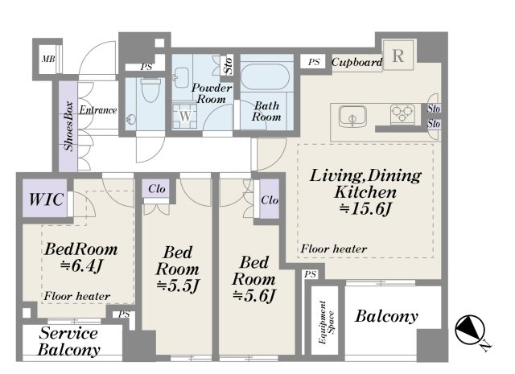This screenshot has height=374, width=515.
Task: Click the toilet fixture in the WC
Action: coord(150,89)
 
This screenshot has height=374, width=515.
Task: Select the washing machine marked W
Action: coord(185,116)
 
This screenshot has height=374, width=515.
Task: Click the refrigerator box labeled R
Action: coord(398,55)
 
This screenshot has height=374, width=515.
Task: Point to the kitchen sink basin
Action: coord(352,116)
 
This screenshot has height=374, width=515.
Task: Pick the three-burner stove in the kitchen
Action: coord(403,113)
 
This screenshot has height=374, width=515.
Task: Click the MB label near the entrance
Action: coord(48,59)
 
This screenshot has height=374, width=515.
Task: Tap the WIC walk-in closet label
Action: coord(46,199)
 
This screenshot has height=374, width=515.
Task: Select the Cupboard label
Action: coord(357,62)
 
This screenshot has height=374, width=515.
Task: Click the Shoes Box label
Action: coord(68,126)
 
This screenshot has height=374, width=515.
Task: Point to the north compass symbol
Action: coord(470,330)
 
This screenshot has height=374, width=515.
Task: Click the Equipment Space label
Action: coord(326,323)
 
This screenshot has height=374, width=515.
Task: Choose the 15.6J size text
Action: coord(365,209)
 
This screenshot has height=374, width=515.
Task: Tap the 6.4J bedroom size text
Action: coord(82,266)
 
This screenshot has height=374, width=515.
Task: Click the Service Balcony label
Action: coord(68,342)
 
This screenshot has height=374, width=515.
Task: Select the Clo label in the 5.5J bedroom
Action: coord(157,189)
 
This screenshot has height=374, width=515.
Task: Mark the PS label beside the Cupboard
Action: coord(314,62)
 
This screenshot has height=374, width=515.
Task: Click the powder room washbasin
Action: coord(182,77)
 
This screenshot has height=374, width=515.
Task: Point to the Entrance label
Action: coord(98,109)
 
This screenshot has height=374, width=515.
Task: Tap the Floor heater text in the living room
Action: coord(334,249)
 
